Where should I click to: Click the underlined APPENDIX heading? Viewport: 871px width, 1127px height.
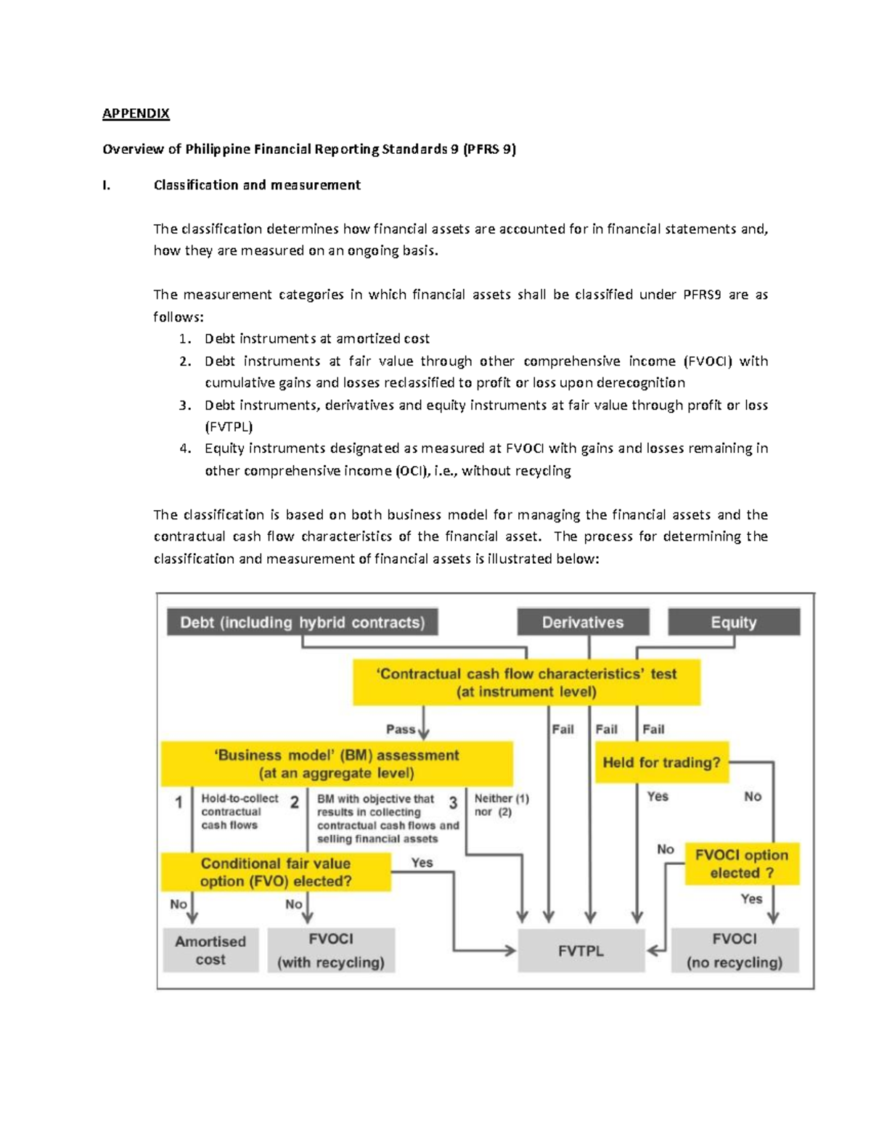coord(136,113)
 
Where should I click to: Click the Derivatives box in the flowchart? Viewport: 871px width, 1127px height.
coord(583,622)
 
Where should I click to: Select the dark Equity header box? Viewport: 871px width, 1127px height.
coord(734,622)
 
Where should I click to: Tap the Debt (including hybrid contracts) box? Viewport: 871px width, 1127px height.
coord(302,622)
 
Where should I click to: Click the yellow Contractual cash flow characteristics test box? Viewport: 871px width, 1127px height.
coord(526,682)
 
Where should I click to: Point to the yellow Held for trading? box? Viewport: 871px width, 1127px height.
coord(661,762)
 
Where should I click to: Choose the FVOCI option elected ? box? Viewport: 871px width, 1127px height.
coord(742,864)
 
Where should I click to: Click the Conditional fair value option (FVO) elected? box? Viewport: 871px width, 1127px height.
coord(276,872)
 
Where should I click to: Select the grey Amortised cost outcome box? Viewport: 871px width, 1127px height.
coord(210,950)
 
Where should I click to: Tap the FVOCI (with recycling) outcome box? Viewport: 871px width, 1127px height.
coord(331,950)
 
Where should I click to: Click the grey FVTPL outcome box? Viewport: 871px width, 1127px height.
coord(581,951)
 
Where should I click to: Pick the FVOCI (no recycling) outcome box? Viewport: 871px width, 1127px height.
coord(735,950)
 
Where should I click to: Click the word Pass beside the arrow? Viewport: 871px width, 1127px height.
coord(401,729)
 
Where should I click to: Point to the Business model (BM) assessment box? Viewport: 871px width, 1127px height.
coord(337,763)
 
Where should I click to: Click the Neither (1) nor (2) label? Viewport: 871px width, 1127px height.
coord(502,805)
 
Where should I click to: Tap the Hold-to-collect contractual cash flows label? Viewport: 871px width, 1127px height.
coord(239,811)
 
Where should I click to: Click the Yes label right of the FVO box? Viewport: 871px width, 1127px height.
coord(422,862)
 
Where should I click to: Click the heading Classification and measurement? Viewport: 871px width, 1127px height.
coord(257,185)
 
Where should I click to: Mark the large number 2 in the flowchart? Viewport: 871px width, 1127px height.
coord(294,802)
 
